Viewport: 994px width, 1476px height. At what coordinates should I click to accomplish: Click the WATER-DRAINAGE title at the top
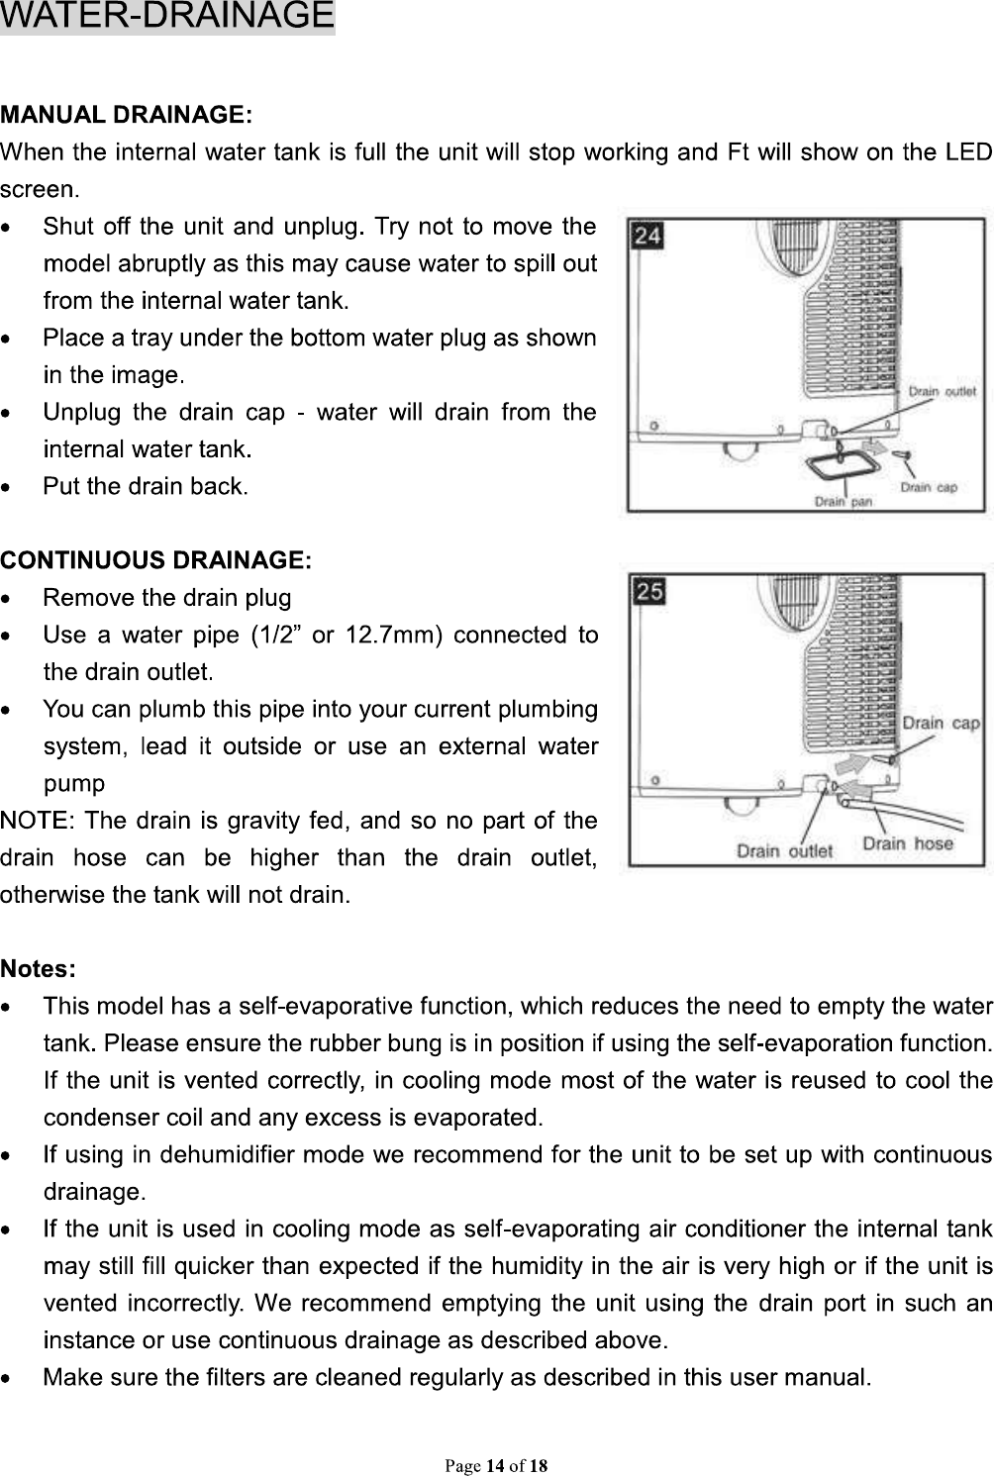click(167, 17)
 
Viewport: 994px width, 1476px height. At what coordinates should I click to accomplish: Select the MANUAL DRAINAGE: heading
click(128, 115)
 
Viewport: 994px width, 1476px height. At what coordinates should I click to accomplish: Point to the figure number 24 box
click(647, 236)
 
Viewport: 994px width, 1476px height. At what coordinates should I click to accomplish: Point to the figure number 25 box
click(649, 592)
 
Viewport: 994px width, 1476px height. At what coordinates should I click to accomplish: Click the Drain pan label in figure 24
click(843, 501)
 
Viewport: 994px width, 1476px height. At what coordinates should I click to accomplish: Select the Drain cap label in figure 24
click(928, 487)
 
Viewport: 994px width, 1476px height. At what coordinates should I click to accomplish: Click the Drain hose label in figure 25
click(907, 843)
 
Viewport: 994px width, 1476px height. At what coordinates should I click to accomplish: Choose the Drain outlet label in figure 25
click(784, 850)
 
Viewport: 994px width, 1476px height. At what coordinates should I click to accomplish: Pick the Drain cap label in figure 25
click(940, 723)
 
